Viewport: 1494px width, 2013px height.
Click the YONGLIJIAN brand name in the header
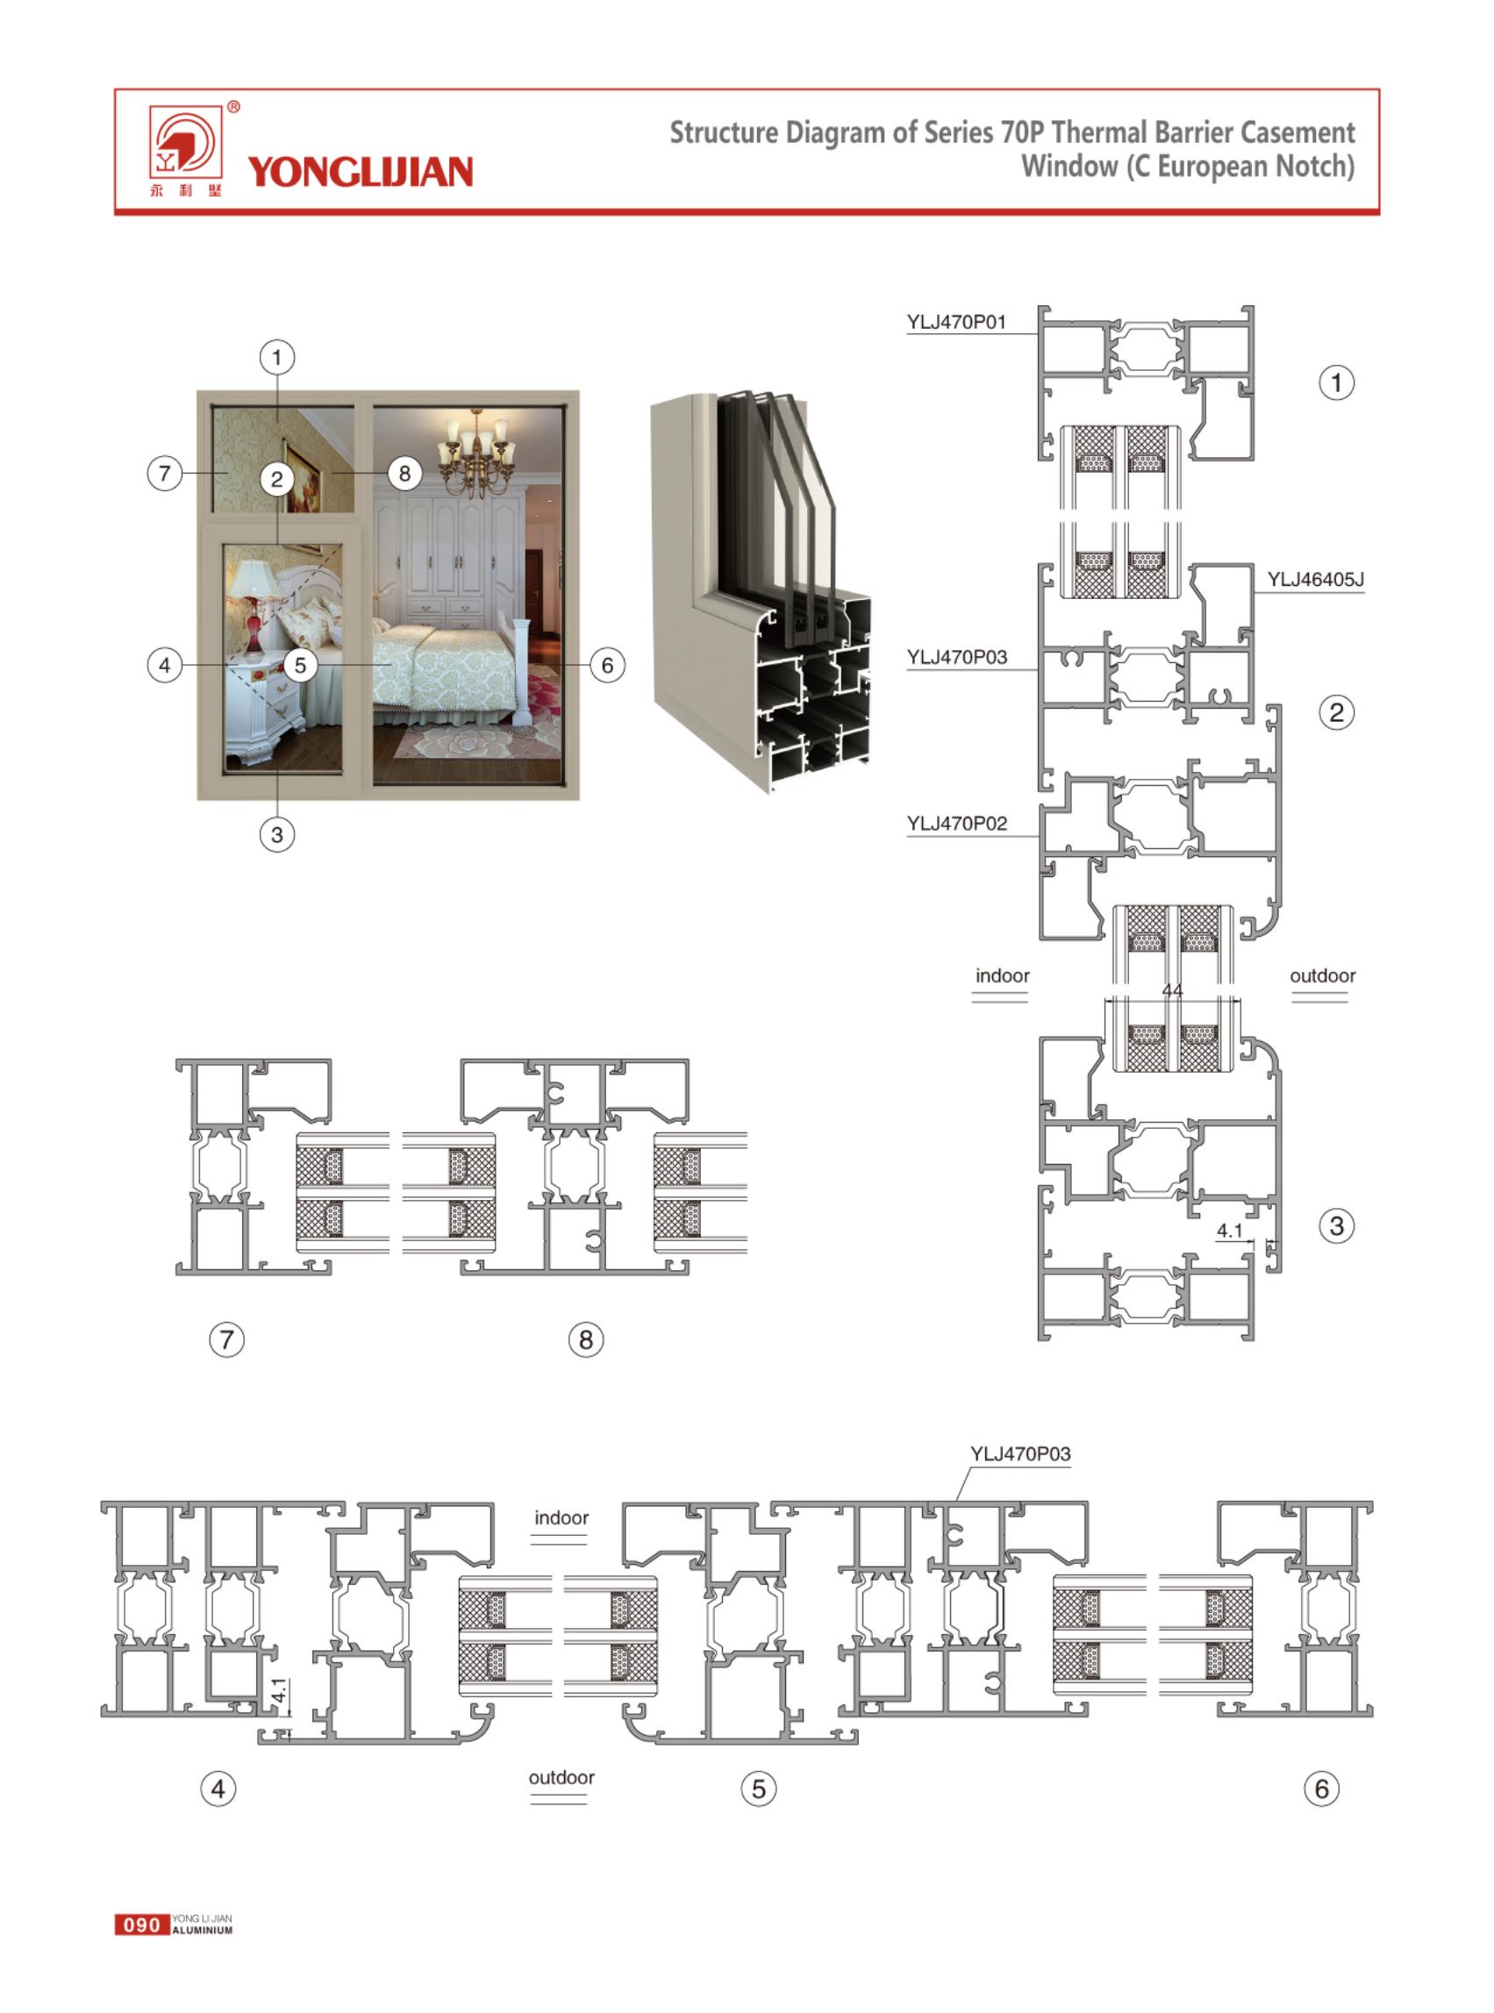tap(360, 171)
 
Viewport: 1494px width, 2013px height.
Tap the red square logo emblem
tap(185, 143)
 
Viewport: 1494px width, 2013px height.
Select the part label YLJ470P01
tap(957, 322)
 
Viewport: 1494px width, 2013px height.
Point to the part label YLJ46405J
tap(1315, 579)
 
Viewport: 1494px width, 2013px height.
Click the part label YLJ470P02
tap(957, 823)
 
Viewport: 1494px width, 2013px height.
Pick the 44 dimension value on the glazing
tap(1172, 990)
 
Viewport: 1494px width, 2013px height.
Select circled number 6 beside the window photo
tap(607, 666)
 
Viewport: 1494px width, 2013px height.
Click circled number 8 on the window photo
tap(404, 473)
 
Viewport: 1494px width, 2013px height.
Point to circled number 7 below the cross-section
tap(227, 1339)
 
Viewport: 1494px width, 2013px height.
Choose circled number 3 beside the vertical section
tap(1337, 1226)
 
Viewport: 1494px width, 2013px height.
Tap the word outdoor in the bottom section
tap(561, 1777)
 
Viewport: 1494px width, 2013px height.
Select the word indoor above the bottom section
tap(561, 1517)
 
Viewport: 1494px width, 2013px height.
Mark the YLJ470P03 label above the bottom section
tap(1020, 1454)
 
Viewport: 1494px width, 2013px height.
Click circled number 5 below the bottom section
tap(759, 1788)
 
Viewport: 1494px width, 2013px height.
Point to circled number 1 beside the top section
tap(1337, 382)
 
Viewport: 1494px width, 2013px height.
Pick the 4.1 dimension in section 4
tap(281, 1690)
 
